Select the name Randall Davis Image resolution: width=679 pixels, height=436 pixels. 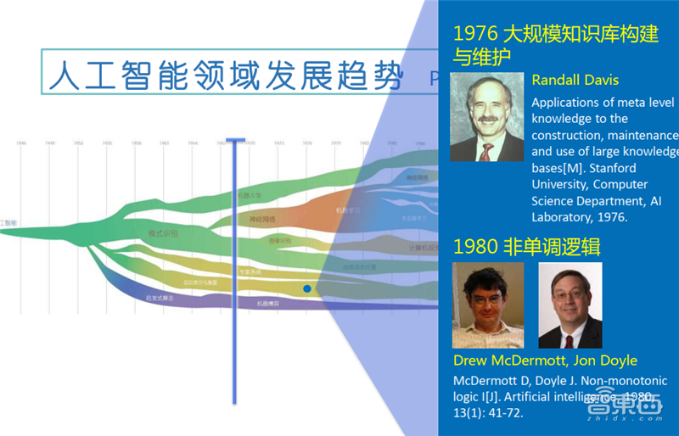575,81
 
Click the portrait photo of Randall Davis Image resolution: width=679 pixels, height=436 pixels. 486,117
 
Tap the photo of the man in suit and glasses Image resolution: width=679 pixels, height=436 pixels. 570,305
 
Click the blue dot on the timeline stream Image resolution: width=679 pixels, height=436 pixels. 307,289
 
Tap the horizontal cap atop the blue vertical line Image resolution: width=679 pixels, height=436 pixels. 235,141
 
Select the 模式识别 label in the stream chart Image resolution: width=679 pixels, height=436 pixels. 163,232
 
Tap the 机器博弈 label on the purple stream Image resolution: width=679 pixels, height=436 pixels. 269,302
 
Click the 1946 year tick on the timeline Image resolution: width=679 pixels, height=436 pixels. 21,143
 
